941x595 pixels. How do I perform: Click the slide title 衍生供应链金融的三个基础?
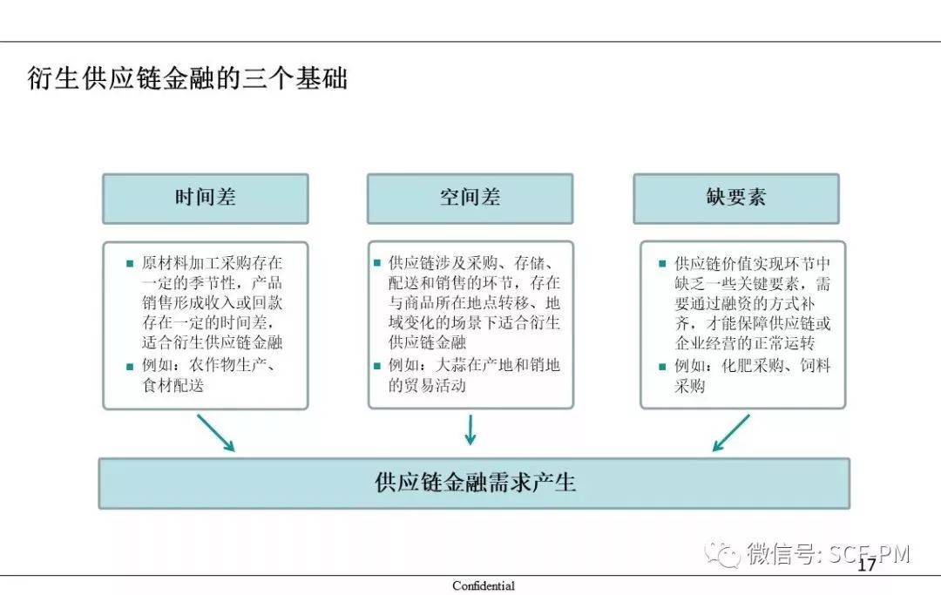click(x=187, y=78)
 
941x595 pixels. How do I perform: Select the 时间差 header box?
click(x=206, y=199)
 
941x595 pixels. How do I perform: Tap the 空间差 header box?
click(x=470, y=199)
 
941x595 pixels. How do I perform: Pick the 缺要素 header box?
click(x=735, y=199)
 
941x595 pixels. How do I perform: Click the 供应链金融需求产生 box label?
click(x=475, y=483)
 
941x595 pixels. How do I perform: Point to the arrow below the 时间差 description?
click(x=216, y=432)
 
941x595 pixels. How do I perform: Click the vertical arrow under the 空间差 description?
click(x=470, y=429)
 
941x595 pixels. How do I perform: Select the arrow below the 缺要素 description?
click(x=731, y=432)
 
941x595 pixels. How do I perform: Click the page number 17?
click(x=866, y=565)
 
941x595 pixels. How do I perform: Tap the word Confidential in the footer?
click(x=484, y=585)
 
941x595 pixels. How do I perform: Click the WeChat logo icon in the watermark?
click(x=722, y=553)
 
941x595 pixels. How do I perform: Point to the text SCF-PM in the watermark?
click(x=870, y=553)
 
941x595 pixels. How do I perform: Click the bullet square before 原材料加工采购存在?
click(x=130, y=263)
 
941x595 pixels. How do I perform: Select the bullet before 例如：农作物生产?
click(x=130, y=367)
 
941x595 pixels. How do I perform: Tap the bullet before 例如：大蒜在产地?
click(x=377, y=365)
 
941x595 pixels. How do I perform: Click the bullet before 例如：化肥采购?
click(x=662, y=367)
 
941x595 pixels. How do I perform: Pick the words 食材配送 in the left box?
click(x=173, y=385)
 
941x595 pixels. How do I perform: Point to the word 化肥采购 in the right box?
click(x=752, y=365)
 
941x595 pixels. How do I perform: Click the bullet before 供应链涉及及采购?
click(x=377, y=263)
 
